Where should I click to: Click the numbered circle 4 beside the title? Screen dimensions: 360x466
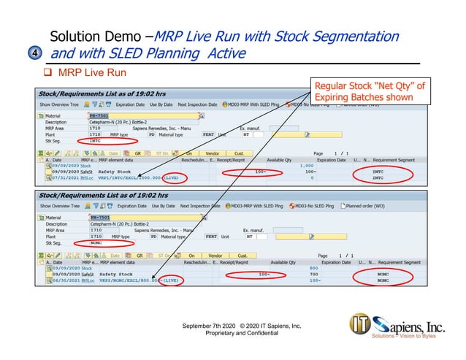click(37, 53)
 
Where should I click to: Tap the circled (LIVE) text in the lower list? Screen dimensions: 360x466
click(169, 280)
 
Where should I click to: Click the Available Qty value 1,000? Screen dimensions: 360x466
click(307, 166)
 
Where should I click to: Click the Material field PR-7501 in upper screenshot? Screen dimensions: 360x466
click(99, 115)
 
